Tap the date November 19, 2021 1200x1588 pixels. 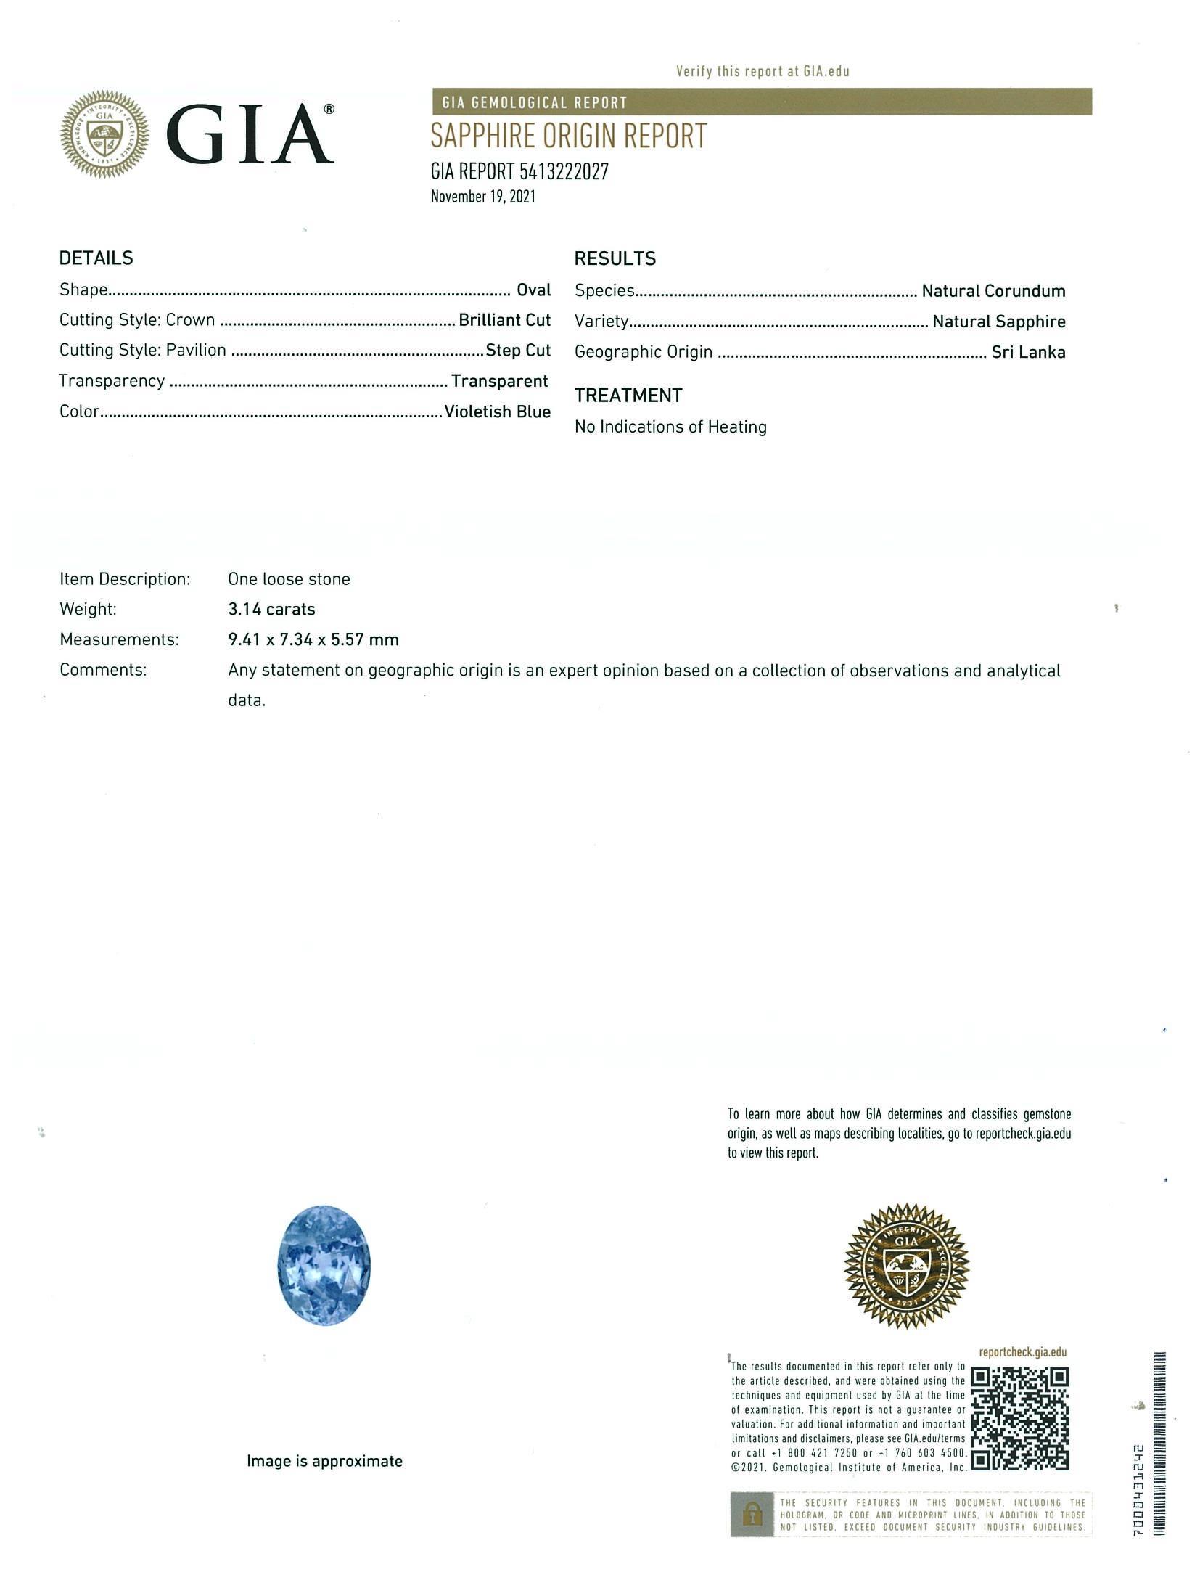tap(482, 196)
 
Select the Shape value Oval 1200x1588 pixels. tap(533, 290)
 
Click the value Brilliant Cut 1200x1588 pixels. tap(504, 320)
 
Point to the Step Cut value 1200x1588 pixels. tap(518, 351)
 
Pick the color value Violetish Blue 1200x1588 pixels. tap(497, 412)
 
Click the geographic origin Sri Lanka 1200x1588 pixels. tap(1028, 353)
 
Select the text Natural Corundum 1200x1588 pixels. tap(993, 291)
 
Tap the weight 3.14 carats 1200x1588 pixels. tap(271, 609)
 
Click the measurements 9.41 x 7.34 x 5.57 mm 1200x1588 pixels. tap(313, 639)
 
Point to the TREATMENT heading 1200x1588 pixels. tap(628, 396)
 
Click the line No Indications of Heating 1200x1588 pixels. tap(670, 427)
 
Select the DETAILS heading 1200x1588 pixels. tap(96, 258)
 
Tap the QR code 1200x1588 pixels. tap(1019, 1418)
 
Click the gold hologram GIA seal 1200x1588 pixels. tap(906, 1266)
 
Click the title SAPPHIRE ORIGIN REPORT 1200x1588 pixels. tap(569, 136)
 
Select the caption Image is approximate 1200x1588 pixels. tap(324, 1461)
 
